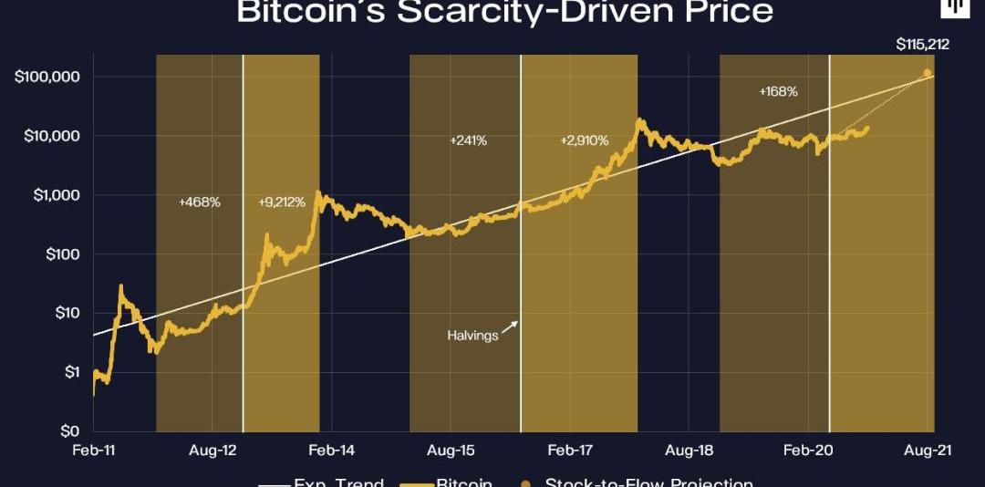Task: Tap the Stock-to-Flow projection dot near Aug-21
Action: click(x=928, y=73)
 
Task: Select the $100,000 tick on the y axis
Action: click(x=48, y=77)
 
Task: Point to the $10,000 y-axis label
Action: click(x=52, y=136)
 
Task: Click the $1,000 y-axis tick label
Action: click(x=56, y=195)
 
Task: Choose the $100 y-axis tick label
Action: click(x=62, y=254)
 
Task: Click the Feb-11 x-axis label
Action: click(x=95, y=450)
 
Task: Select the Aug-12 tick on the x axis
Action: click(x=213, y=450)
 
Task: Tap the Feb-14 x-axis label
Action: click(x=332, y=450)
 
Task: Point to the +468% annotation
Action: click(x=199, y=202)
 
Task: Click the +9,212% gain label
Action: click(x=282, y=202)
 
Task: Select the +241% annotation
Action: click(x=469, y=141)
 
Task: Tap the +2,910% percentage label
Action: click(x=584, y=141)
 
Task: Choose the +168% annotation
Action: click(x=778, y=91)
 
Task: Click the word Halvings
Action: click(x=472, y=336)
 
